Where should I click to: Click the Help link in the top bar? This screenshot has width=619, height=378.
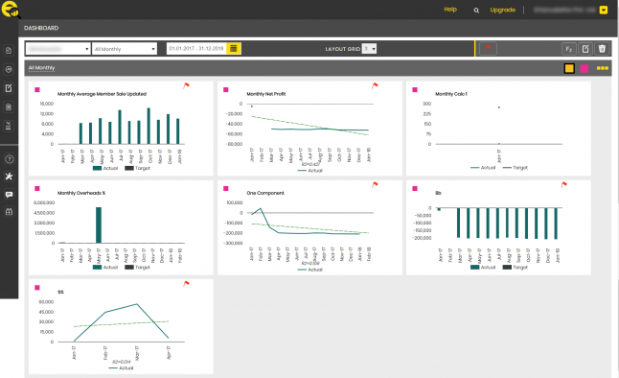pyautogui.click(x=450, y=10)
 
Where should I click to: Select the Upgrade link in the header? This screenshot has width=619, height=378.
pyautogui.click(x=502, y=10)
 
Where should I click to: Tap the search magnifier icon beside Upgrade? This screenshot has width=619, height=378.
pyautogui.click(x=476, y=11)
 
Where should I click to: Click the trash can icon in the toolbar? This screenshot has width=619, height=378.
pyautogui.click(x=602, y=48)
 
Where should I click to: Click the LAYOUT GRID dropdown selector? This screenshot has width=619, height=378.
pyautogui.click(x=371, y=48)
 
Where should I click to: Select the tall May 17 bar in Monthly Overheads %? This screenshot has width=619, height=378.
pyautogui.click(x=97, y=224)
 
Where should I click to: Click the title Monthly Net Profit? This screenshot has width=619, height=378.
pyautogui.click(x=267, y=94)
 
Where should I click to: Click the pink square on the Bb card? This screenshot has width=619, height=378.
pyautogui.click(x=413, y=184)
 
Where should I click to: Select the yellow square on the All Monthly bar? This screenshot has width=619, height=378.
pyautogui.click(x=569, y=69)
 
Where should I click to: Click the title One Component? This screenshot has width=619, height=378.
pyautogui.click(x=263, y=192)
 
